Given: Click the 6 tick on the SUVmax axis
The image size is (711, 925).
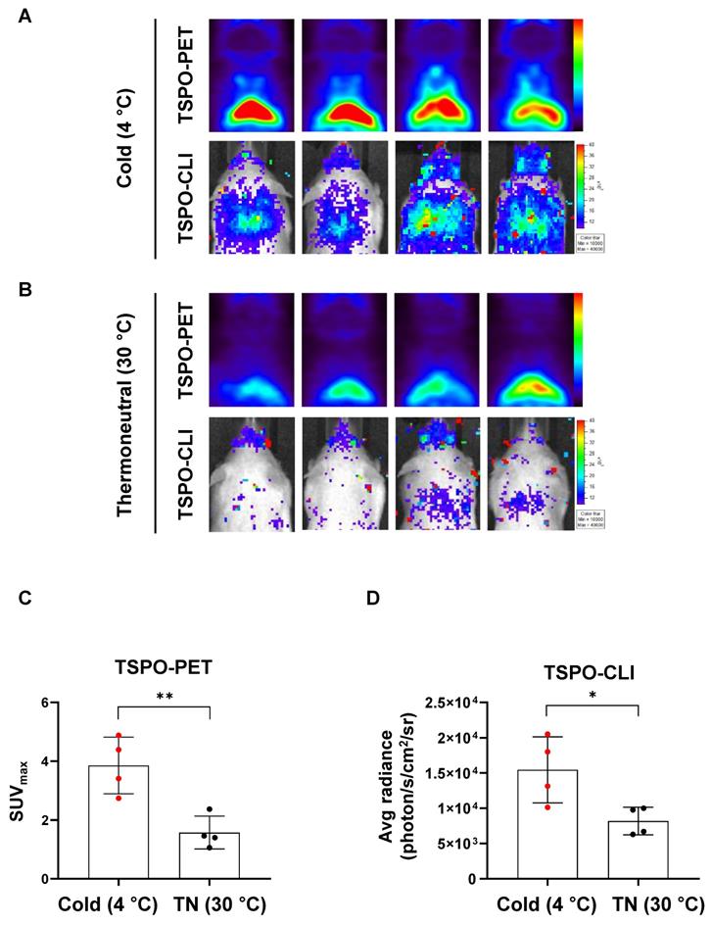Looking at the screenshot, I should [44, 704].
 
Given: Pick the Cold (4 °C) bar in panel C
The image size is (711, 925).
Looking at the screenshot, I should [118, 823].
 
